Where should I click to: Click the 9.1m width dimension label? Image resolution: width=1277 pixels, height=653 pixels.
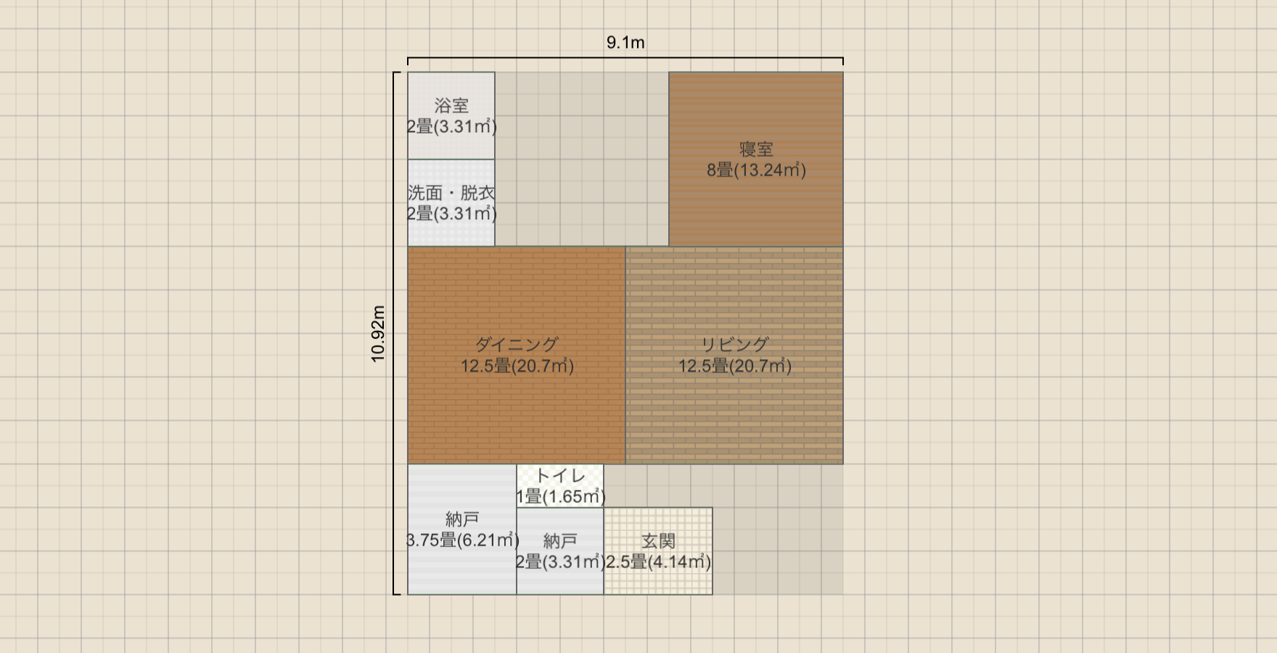click(625, 43)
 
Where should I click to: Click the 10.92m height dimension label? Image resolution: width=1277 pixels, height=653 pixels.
click(378, 334)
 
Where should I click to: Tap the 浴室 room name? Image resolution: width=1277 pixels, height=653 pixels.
click(451, 106)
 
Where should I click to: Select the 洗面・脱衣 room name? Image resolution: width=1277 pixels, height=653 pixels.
click(451, 193)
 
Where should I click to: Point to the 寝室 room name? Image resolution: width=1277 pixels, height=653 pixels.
click(756, 149)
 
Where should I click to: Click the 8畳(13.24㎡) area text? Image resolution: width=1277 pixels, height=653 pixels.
click(756, 171)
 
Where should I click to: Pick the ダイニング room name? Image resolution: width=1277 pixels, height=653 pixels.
click(517, 345)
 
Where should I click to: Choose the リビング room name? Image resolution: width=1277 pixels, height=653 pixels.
click(734, 345)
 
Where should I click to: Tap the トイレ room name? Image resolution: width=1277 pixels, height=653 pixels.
click(560, 476)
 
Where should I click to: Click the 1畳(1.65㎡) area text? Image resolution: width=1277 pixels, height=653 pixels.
click(560, 497)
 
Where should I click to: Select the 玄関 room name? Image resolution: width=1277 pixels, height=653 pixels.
click(658, 541)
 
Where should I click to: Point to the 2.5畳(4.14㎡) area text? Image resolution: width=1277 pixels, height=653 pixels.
click(658, 562)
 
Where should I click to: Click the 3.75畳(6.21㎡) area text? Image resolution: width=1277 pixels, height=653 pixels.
click(463, 541)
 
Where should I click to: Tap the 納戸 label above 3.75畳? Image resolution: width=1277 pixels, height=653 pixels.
click(462, 519)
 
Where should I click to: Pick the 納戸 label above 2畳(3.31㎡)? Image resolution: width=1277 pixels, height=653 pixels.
click(560, 541)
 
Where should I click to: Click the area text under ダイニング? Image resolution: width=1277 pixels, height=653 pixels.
click(517, 366)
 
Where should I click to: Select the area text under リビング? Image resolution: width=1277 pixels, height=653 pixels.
click(734, 366)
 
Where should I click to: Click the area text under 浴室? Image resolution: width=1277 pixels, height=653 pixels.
click(451, 127)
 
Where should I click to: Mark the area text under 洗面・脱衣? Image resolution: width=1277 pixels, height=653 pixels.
click(451, 214)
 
